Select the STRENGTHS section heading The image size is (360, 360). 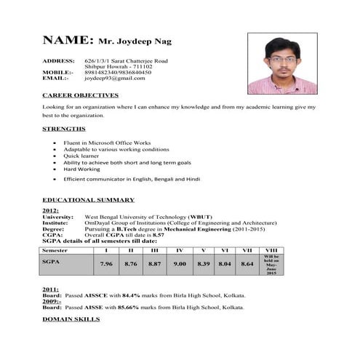tap(64, 129)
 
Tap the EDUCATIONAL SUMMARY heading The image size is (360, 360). tap(88, 199)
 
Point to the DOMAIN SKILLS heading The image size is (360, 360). tap(71, 319)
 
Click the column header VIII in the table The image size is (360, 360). tap(271, 249)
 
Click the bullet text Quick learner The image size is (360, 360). tap(82, 156)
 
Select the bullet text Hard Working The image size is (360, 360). tap(81, 169)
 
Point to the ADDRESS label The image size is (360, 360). tap(58, 60)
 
